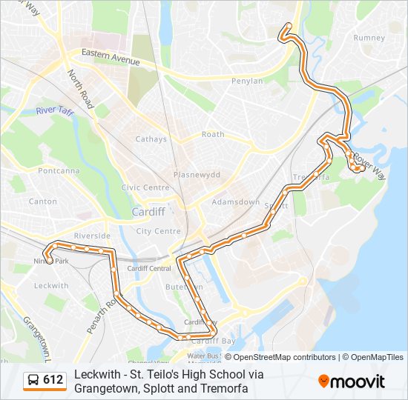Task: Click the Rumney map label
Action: tap(369, 38)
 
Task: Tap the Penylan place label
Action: tap(247, 81)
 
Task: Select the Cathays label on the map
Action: tap(151, 139)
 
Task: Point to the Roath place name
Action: tap(213, 135)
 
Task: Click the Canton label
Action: tap(42, 201)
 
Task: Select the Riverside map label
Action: tap(92, 236)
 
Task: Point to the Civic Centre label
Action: tap(145, 188)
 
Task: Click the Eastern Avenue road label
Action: tap(111, 57)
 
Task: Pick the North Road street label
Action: tap(82, 87)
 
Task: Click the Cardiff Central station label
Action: tap(149, 268)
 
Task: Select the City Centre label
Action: tap(158, 231)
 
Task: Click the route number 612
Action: tap(53, 380)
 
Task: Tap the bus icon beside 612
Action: tap(33, 381)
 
